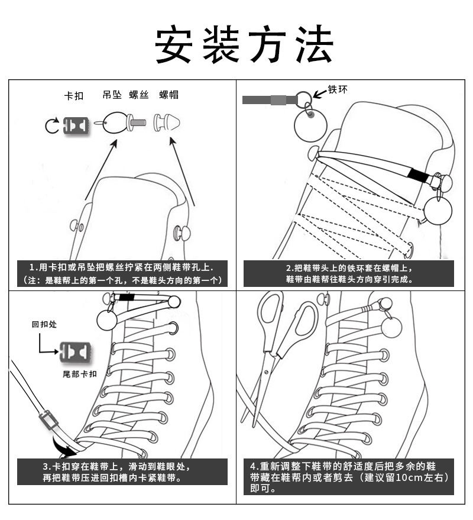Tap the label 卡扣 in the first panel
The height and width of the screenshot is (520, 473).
click(74, 95)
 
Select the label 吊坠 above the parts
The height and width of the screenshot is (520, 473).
click(112, 95)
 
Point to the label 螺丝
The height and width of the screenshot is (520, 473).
click(139, 95)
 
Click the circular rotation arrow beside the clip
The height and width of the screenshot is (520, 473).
click(51, 125)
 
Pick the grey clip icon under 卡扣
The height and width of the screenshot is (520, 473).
click(75, 125)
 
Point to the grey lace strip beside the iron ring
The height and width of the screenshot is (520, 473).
click(265, 100)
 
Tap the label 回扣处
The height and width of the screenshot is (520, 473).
click(44, 324)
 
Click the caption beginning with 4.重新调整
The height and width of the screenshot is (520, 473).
click(349, 477)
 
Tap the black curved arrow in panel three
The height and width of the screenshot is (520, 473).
click(61, 442)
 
